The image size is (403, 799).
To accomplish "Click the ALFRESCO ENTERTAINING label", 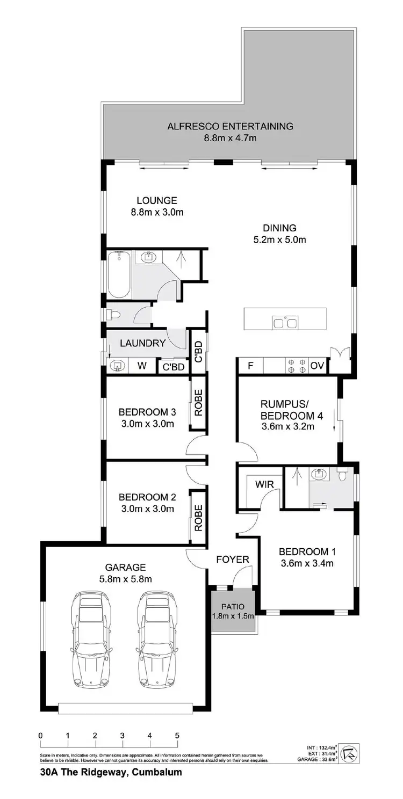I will click(230, 127).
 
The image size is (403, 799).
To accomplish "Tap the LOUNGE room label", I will click(156, 200).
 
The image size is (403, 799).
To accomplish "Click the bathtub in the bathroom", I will click(119, 274).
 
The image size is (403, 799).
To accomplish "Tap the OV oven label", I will click(318, 366).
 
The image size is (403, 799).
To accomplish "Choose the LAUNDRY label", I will click(142, 343).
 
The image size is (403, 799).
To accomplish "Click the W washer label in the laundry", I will click(142, 366).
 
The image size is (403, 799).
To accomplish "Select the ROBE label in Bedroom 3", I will click(198, 405).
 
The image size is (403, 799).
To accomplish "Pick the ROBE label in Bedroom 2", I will click(198, 517).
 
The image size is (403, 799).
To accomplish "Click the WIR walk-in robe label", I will click(265, 484).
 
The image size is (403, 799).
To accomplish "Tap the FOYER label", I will click(233, 560).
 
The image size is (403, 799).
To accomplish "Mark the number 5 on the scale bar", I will click(177, 735).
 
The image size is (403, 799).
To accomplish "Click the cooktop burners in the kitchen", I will click(296, 366).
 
